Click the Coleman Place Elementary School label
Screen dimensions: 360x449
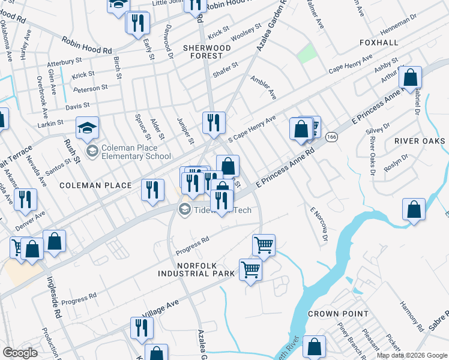tap(128, 152)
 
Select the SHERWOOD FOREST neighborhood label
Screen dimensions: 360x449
tap(207, 52)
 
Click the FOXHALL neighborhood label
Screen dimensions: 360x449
tap(378, 43)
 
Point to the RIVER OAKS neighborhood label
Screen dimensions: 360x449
tap(420, 141)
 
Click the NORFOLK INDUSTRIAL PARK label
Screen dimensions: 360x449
tap(196, 269)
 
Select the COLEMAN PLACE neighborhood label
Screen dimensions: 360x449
tap(95, 185)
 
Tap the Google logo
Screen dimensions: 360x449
tap(20, 353)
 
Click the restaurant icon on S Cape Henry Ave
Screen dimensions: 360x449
tap(214, 123)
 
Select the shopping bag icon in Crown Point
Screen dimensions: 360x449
tap(314, 347)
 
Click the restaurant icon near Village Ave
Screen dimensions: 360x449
tap(142, 328)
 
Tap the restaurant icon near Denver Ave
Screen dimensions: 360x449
tap(25, 200)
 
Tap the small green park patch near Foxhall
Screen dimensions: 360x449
tap(307, 54)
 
